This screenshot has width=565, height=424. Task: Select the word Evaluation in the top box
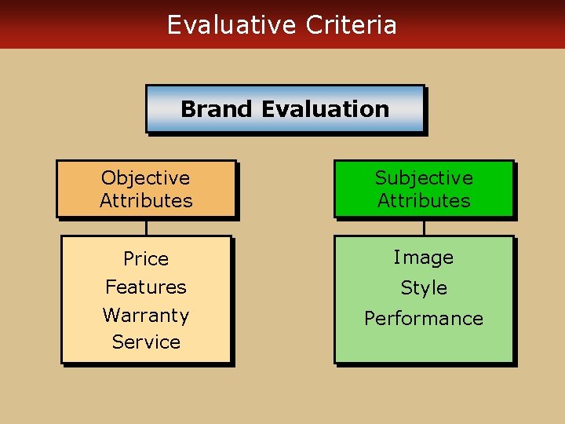pyautogui.click(x=326, y=109)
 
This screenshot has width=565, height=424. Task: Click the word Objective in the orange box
pyautogui.click(x=146, y=178)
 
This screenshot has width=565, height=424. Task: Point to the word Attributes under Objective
pyautogui.click(x=146, y=201)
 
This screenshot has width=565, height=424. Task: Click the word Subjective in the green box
pyautogui.click(x=424, y=178)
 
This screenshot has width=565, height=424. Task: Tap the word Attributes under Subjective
pyautogui.click(x=424, y=201)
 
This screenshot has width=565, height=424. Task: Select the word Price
pyautogui.click(x=146, y=259)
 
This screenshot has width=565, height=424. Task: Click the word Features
pyautogui.click(x=146, y=287)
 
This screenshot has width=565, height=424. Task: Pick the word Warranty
pyautogui.click(x=146, y=316)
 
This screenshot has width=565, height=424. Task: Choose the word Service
pyautogui.click(x=146, y=342)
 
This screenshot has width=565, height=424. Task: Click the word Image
pyautogui.click(x=424, y=258)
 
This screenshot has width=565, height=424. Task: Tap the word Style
pyautogui.click(x=424, y=288)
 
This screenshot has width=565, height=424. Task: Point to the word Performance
pyautogui.click(x=424, y=319)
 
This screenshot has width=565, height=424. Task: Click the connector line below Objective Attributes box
pyautogui.click(x=146, y=227)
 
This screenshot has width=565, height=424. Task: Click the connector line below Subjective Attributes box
pyautogui.click(x=424, y=227)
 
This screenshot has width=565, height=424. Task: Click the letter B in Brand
pyautogui.click(x=188, y=109)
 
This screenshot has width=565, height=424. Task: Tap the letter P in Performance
pyautogui.click(x=370, y=319)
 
